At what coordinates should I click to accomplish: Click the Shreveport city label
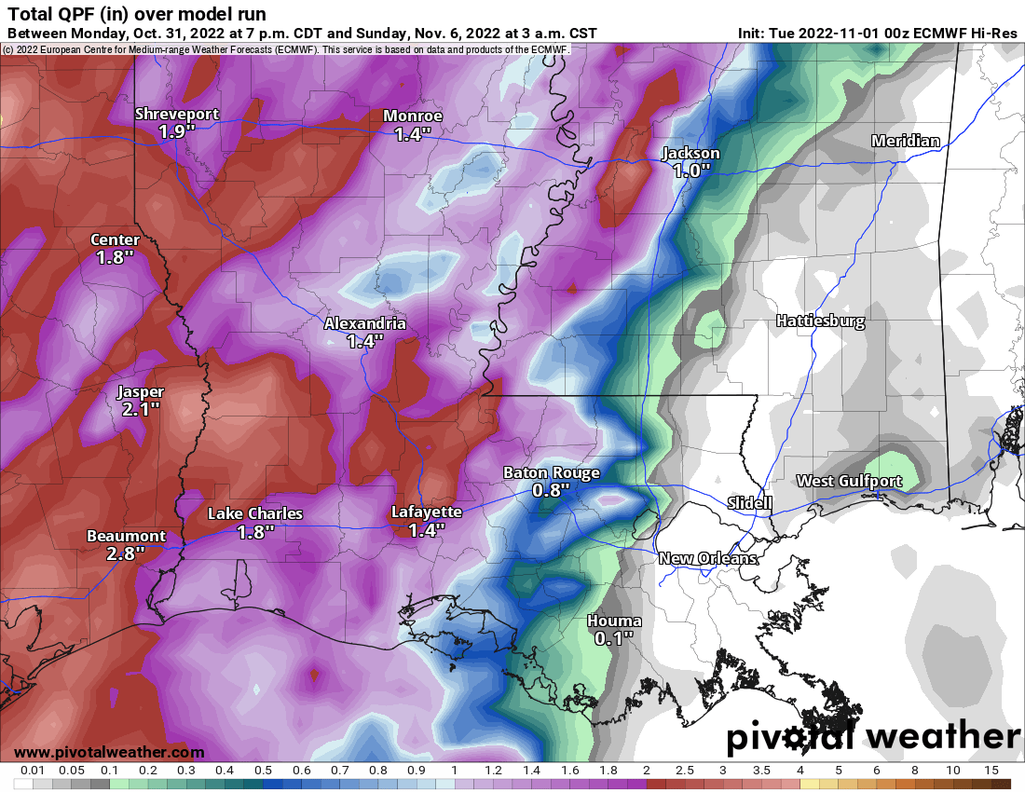177,115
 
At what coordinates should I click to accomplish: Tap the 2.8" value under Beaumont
126,553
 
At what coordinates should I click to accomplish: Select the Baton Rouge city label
551,472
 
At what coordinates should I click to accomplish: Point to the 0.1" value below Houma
614,638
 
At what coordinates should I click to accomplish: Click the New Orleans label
707,558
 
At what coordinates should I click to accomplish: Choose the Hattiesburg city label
820,321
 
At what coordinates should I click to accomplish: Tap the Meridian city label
905,141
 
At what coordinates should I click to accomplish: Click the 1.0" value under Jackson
690,171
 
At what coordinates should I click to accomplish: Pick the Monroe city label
413,116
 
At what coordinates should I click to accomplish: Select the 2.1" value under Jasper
141,409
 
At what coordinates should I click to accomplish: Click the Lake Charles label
254,513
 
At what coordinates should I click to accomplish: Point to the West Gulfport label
849,481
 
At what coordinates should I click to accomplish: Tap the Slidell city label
749,503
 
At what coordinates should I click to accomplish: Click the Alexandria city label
364,323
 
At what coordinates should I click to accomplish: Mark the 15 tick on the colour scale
991,771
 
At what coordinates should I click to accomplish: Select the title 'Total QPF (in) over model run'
136,14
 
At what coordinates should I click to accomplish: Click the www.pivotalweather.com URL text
109,752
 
